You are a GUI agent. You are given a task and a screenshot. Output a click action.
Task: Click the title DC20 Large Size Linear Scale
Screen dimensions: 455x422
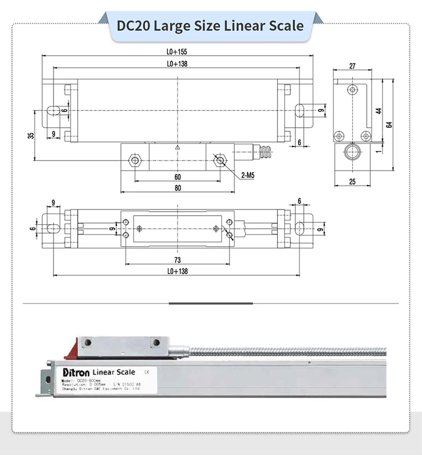(x=210, y=25)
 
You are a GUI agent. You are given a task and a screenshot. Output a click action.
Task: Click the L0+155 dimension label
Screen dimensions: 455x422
(x=177, y=51)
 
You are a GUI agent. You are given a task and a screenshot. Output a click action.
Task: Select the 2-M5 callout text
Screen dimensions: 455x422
(x=248, y=176)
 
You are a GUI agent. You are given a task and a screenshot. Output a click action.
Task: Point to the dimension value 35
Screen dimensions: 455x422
(x=30, y=135)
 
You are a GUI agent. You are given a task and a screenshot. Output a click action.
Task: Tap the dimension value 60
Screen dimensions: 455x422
(x=178, y=177)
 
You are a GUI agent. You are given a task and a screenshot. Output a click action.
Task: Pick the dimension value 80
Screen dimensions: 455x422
(x=178, y=188)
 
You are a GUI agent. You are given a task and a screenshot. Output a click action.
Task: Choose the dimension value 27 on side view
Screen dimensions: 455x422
(x=352, y=66)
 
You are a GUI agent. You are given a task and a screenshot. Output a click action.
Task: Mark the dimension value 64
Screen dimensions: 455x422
(x=389, y=125)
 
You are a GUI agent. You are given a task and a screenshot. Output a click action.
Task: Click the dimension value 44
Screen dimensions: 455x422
(x=379, y=111)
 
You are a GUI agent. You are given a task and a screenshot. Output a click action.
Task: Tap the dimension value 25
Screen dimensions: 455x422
(x=352, y=181)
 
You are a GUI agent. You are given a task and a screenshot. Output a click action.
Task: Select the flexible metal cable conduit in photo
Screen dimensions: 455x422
(x=281, y=352)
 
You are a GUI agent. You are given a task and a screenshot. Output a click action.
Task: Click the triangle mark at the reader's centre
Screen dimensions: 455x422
(x=177, y=147)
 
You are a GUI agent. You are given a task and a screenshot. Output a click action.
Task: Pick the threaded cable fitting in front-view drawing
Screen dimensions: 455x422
(x=263, y=151)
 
